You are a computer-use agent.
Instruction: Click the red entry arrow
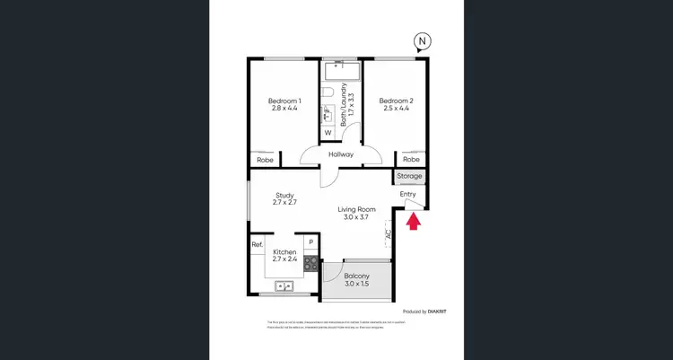[413, 221]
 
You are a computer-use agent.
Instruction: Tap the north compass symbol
[421, 41]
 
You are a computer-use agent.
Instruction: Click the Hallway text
[340, 154]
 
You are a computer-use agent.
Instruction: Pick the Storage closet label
[409, 177]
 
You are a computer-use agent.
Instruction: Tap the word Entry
[408, 194]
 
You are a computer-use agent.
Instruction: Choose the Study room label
[284, 199]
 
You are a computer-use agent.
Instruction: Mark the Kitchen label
[284, 256]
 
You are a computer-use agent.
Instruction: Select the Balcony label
[357, 280]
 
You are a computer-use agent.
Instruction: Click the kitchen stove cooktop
[310, 264]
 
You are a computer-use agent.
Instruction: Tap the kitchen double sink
[284, 286]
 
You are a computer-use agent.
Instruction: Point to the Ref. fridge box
[257, 244]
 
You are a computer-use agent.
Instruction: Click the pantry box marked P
[310, 241]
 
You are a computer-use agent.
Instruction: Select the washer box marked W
[328, 133]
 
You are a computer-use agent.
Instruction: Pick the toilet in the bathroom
[328, 92]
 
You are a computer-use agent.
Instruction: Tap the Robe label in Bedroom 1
[264, 160]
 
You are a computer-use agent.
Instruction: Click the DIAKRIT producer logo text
[438, 312]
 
